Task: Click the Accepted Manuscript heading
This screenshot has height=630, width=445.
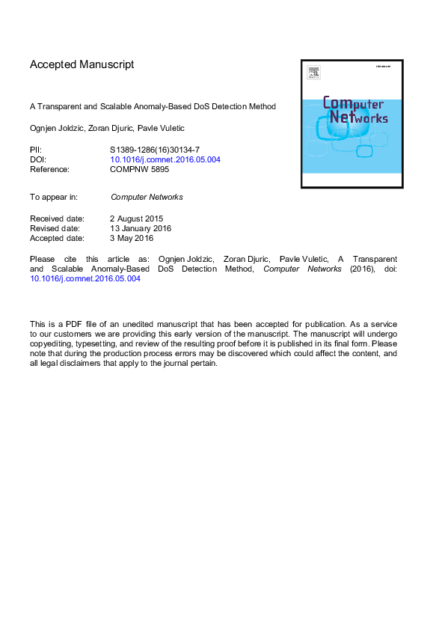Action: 82,64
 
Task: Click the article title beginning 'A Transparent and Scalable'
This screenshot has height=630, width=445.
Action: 153,106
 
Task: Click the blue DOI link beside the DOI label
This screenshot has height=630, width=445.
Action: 165,159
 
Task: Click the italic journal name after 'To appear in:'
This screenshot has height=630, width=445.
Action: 147,198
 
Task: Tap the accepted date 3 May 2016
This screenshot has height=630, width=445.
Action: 132,238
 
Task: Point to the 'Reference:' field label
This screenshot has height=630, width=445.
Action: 49,169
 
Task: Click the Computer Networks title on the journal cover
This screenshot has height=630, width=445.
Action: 352,111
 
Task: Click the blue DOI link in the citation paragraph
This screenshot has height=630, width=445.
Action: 85,278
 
